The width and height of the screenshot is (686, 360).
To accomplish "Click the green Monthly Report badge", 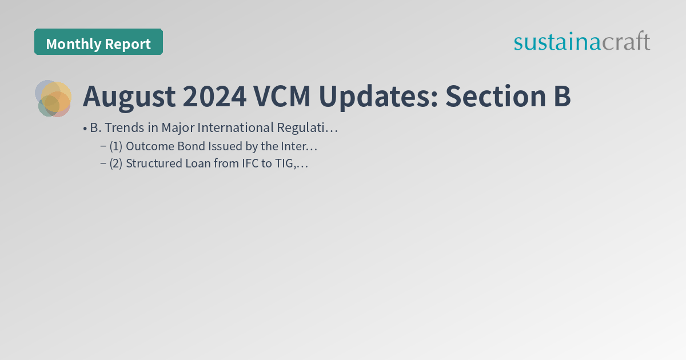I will pos(98,42).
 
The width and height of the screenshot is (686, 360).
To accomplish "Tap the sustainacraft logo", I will pos(581,42).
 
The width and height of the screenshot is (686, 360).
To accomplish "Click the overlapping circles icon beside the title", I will pos(53,98).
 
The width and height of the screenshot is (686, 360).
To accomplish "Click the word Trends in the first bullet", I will pos(123,127).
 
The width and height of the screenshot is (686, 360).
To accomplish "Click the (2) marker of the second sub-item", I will pos(115,164).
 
